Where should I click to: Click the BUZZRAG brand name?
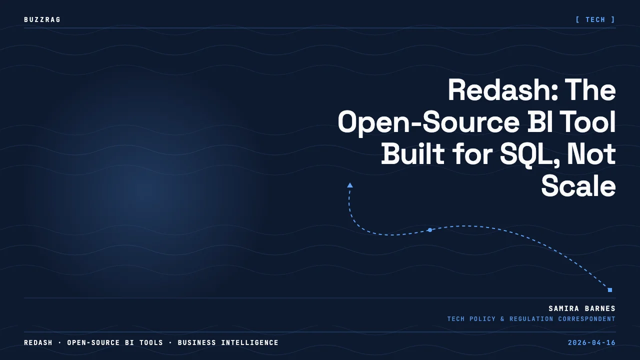click(x=42, y=19)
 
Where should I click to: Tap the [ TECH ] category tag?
click(x=595, y=19)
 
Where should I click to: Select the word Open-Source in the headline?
click(x=428, y=122)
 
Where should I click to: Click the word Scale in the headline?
click(x=578, y=186)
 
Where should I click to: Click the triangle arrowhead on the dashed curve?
click(x=350, y=185)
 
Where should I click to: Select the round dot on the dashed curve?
click(x=430, y=230)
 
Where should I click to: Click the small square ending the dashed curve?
click(x=609, y=290)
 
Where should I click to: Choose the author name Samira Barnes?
click(x=582, y=308)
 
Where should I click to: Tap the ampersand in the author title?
click(x=502, y=319)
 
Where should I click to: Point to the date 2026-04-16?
click(x=591, y=342)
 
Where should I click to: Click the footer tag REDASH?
click(x=38, y=342)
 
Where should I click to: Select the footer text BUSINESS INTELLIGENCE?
click(x=228, y=342)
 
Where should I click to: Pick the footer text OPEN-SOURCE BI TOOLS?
click(x=115, y=342)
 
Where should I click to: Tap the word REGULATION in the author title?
click(x=531, y=319)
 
